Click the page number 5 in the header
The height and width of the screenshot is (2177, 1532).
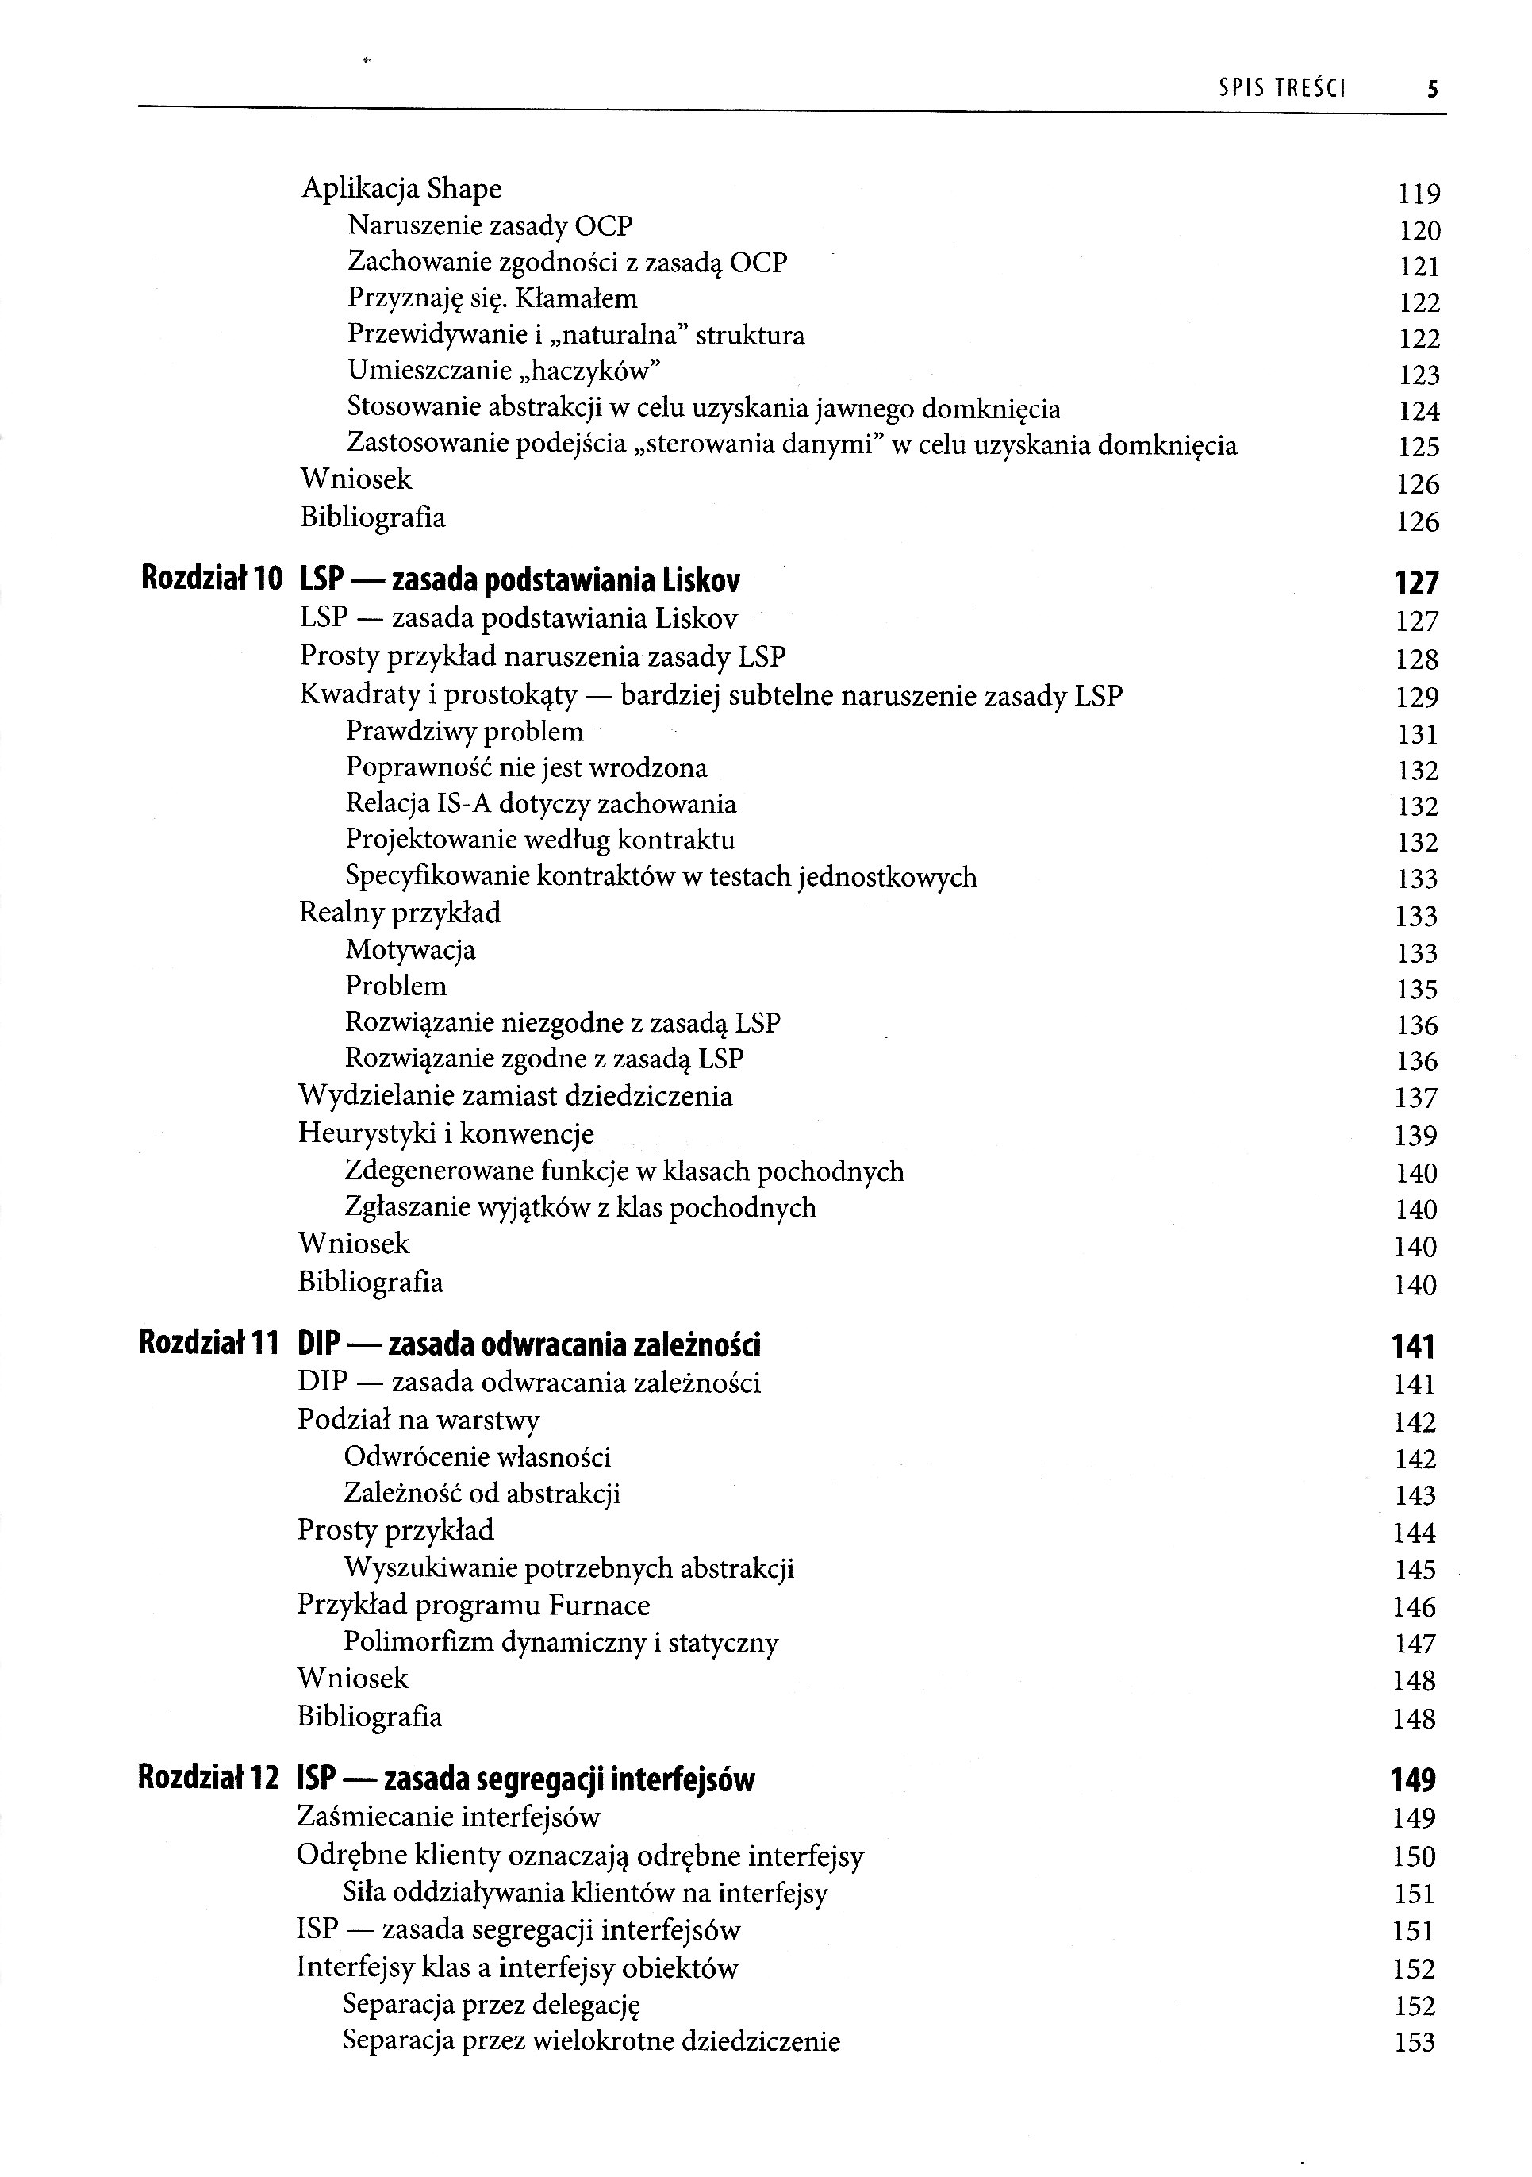point(1431,90)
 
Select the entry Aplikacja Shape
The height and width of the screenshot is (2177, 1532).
point(401,189)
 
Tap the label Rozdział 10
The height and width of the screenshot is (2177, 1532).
point(211,579)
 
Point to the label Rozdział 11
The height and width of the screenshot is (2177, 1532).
point(209,1344)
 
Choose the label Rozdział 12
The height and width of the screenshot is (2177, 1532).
point(209,1778)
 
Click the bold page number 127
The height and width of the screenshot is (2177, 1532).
point(1416,583)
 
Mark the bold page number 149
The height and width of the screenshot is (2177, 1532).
point(1414,1781)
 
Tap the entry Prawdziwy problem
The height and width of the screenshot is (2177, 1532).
point(465,732)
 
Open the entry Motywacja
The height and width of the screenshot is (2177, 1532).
point(409,950)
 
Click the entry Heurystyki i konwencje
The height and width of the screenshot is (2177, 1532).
point(446,1134)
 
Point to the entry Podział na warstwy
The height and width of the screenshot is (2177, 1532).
point(418,1421)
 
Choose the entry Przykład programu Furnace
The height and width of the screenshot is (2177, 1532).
point(473,1606)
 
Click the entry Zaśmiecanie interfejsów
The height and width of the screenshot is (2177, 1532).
point(448,1817)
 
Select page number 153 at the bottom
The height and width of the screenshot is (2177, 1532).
point(1415,2042)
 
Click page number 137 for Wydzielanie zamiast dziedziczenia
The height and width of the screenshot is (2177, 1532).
point(1416,1098)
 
